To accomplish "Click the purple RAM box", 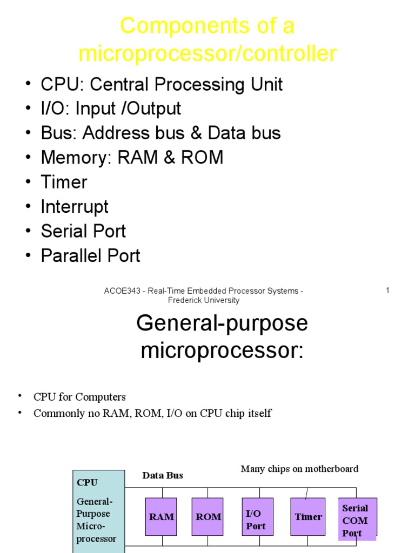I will [x=161, y=517].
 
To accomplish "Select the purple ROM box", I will [x=207, y=517].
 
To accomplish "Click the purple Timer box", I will [x=308, y=517].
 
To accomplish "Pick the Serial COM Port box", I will [x=357, y=520].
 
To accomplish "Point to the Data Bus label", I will [x=163, y=475].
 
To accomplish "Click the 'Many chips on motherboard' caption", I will [x=299, y=469].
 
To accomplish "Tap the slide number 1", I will [x=387, y=291].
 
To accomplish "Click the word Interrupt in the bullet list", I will [x=75, y=207].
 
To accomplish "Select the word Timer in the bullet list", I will [x=64, y=182].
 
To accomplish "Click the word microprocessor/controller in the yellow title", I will [x=207, y=54].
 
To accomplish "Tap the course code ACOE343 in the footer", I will [x=120, y=291].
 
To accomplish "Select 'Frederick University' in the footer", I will [x=204, y=300].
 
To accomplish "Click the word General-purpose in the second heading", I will [x=222, y=323].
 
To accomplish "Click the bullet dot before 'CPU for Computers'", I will [x=21, y=396].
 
